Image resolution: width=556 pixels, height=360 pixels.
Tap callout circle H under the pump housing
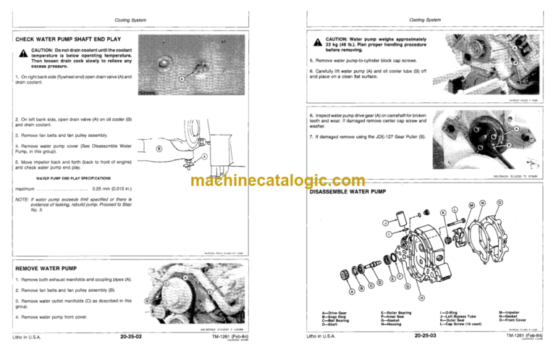[421, 298]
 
